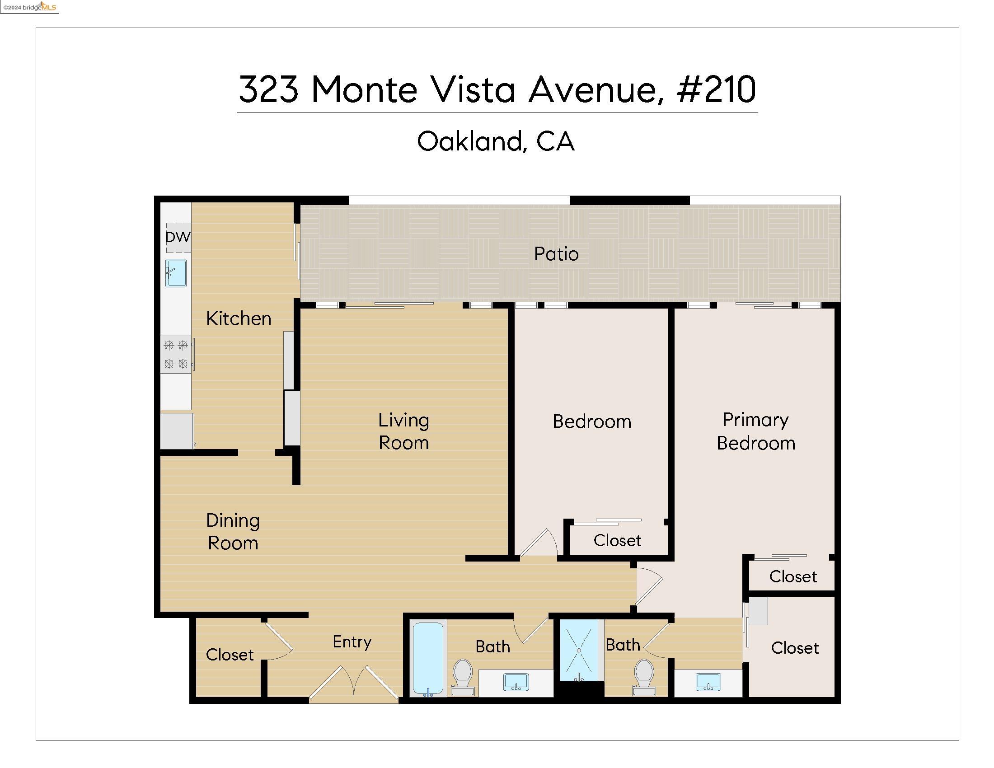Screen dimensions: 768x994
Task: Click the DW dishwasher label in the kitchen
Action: (x=178, y=237)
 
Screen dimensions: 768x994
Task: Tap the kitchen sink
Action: (x=176, y=273)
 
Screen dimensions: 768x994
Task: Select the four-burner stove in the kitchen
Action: (x=176, y=355)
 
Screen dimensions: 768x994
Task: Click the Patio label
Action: (x=556, y=254)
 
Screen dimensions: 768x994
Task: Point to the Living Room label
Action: (x=403, y=431)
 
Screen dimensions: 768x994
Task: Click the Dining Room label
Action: (x=233, y=531)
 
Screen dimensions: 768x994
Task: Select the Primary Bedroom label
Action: (x=755, y=431)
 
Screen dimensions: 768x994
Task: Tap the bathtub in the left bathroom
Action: (x=428, y=658)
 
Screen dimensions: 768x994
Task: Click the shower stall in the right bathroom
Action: (x=578, y=650)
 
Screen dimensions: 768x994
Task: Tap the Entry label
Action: (x=352, y=642)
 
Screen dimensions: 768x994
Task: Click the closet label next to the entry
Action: (x=230, y=654)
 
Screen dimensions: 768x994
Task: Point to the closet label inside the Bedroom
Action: (x=617, y=540)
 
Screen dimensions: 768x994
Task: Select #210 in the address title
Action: (x=716, y=89)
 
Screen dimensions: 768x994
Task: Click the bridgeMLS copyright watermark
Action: (x=29, y=7)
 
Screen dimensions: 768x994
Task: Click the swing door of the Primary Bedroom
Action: (x=650, y=587)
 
